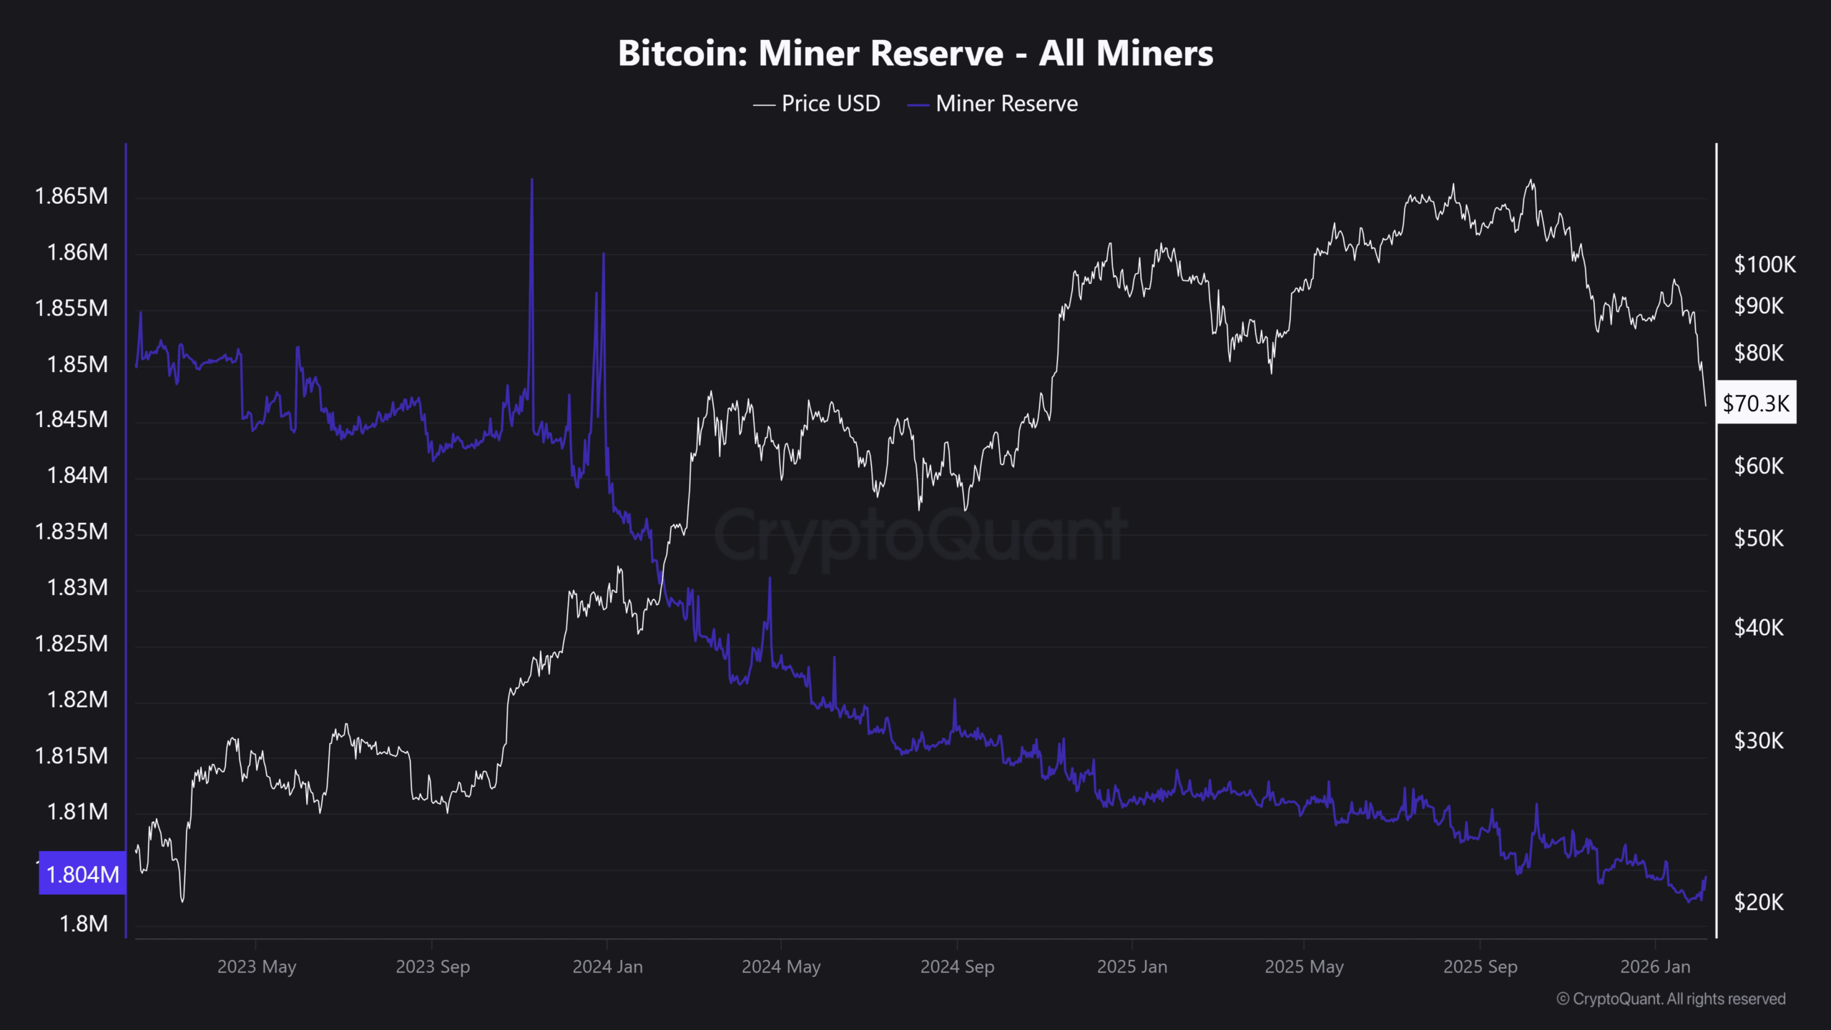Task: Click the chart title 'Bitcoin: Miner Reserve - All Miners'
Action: [x=915, y=54]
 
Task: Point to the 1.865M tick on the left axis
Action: [x=72, y=196]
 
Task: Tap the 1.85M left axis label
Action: [x=77, y=364]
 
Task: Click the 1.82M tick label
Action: [x=77, y=699]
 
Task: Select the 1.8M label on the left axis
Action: [x=83, y=923]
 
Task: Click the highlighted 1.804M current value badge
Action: [x=82, y=873]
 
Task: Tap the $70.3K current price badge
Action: [x=1756, y=403]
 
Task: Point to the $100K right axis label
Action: [x=1764, y=265]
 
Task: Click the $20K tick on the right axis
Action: [x=1759, y=902]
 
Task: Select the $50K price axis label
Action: [x=1759, y=538]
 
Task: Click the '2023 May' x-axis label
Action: [x=256, y=967]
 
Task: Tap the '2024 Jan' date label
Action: [x=607, y=967]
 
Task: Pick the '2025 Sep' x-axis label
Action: [x=1480, y=967]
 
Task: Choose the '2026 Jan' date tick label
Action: [x=1655, y=967]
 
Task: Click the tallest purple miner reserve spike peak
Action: [x=531, y=180]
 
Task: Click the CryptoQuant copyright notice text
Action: [x=1671, y=999]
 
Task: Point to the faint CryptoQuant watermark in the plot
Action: [x=921, y=534]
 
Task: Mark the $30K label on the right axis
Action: [x=1759, y=740]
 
